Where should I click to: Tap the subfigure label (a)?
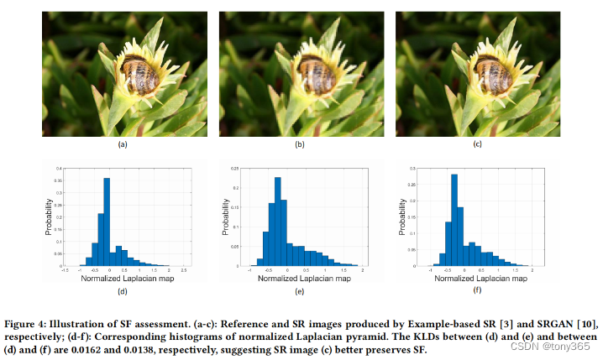coord(123,144)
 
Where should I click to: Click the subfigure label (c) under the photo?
coord(477,144)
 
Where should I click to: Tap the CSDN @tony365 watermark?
coord(557,347)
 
